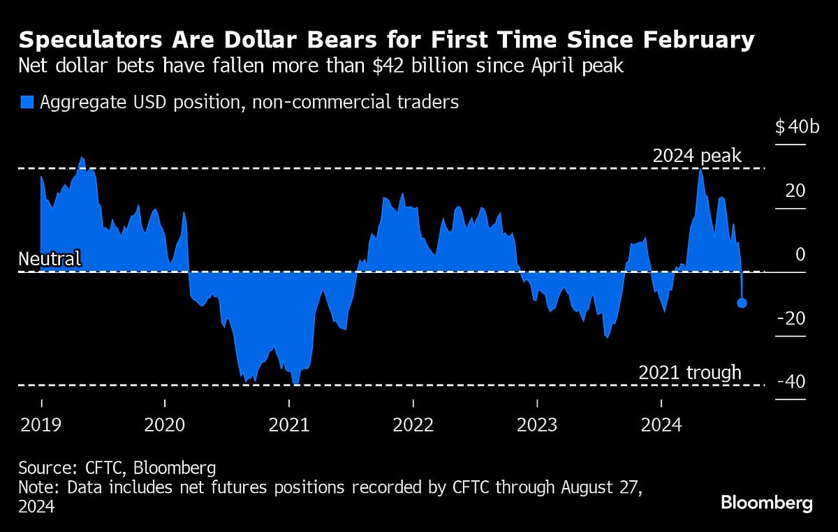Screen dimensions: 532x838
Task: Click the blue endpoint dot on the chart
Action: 742,303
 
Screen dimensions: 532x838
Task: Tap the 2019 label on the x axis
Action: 41,424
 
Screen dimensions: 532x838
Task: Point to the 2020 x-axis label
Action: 165,424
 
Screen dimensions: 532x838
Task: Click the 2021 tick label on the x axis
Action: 289,424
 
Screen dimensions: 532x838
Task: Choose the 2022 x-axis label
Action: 413,424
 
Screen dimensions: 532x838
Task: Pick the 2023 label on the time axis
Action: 537,424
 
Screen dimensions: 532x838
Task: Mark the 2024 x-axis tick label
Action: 661,424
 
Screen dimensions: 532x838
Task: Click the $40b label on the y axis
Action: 797,127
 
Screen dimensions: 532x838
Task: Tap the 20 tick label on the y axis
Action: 795,191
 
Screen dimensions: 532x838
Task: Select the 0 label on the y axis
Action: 800,254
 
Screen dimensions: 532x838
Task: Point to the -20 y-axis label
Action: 792,318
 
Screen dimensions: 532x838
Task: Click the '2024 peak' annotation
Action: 696,156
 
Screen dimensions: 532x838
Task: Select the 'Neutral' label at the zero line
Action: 50,259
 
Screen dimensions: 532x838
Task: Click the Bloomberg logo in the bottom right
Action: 766,503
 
